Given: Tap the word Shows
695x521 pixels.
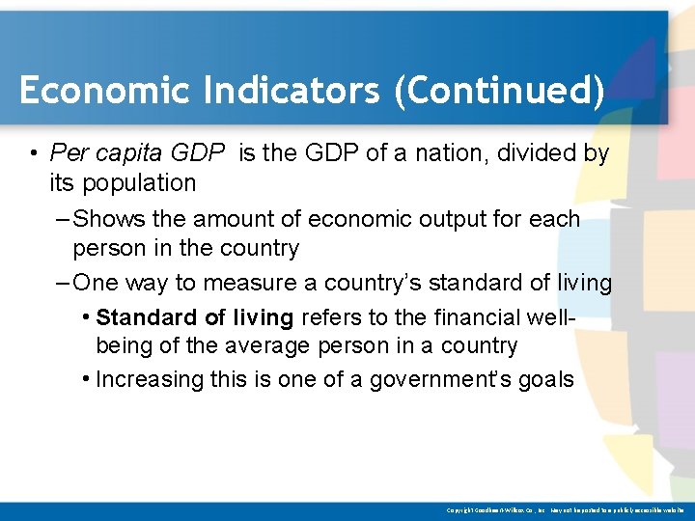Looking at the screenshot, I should pos(107,219).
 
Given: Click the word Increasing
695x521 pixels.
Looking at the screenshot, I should pos(148,379).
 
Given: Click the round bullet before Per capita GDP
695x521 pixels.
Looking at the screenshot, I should pos(33,154).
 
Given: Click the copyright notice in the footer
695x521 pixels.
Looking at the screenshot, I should pos(566,509).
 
